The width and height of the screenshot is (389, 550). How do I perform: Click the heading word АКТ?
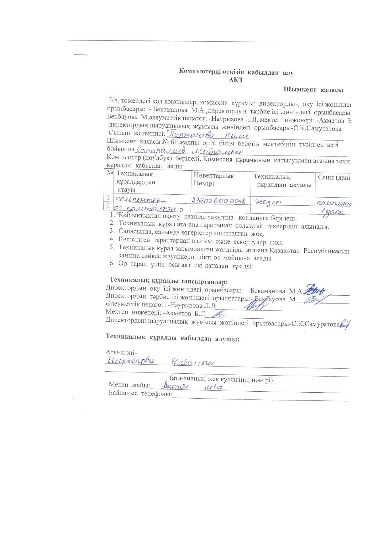click(236, 80)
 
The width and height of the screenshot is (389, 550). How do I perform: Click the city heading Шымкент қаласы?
click(313, 90)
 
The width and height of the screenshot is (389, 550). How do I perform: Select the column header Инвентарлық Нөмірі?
click(213, 180)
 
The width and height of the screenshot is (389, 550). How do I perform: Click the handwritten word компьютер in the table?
click(140, 199)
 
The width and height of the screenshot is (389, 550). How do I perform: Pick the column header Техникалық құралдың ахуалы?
click(282, 181)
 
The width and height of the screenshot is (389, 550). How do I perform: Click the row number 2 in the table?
click(108, 206)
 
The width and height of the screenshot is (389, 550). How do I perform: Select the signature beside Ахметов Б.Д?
click(220, 313)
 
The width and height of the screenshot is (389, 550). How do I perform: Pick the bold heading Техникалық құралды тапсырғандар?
click(168, 281)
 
